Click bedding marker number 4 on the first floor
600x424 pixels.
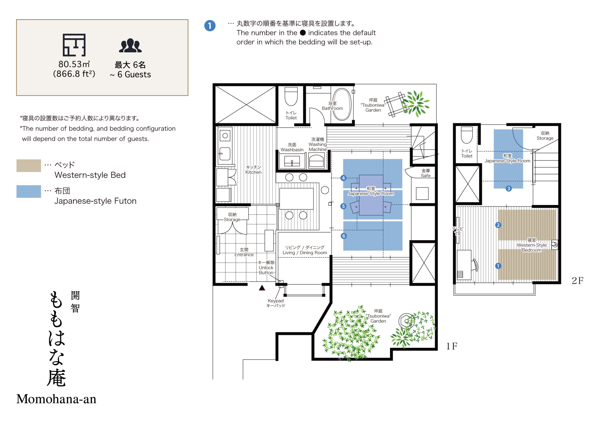coord(343,178)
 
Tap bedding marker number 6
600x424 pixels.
coord(344,236)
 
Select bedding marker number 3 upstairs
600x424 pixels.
coord(509,188)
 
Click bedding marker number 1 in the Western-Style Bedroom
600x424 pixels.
coord(498,266)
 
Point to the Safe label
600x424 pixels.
coord(425,173)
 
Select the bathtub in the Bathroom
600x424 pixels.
coord(342,104)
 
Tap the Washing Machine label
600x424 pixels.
coord(318,144)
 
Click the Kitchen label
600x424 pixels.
coord(253,170)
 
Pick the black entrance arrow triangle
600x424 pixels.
coord(262,288)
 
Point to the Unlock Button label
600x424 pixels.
coord(266,267)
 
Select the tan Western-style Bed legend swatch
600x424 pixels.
coord(29,165)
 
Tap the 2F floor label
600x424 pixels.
coord(577,281)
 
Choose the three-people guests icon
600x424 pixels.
coord(130,46)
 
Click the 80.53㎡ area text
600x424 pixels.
coord(74,64)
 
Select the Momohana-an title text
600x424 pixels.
coord(56,399)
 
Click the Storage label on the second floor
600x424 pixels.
coord(545,136)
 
